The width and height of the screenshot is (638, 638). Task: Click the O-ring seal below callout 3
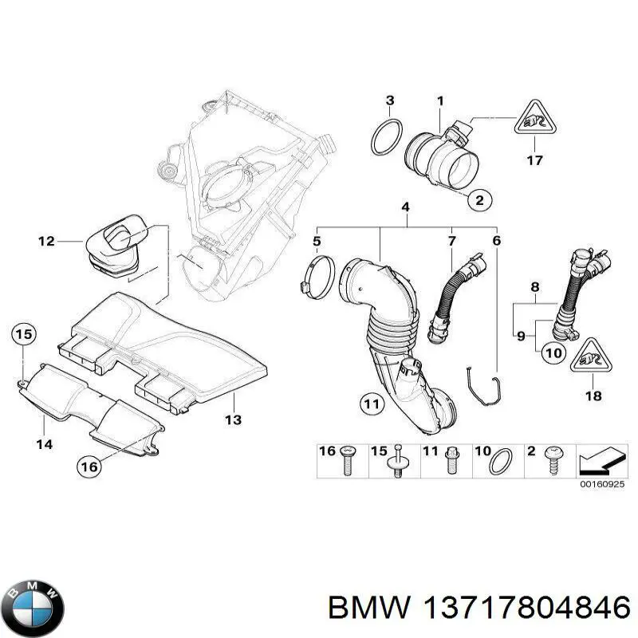386,137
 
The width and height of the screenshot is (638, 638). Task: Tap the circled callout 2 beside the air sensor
478,200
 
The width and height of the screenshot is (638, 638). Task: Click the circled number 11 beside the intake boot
369,404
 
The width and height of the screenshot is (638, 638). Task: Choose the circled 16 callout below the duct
90,466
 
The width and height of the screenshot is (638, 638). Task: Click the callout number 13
233,419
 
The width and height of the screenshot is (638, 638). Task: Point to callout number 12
46,240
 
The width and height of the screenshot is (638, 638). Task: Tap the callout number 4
405,207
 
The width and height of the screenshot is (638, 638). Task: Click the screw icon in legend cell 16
345,461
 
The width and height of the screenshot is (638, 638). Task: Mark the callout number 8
535,286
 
